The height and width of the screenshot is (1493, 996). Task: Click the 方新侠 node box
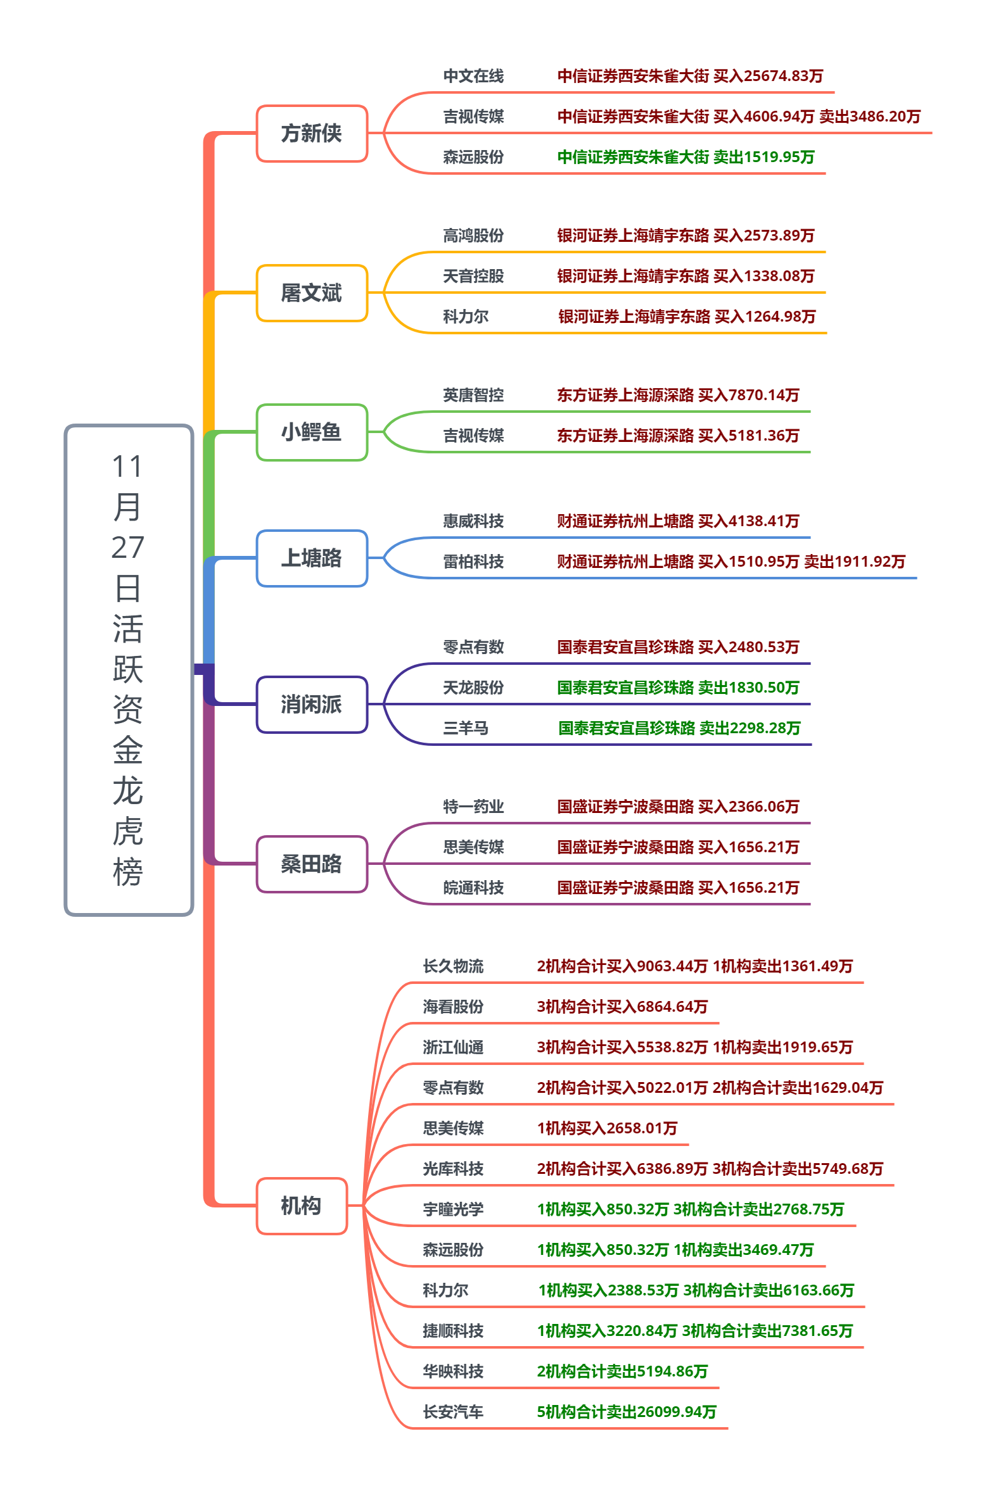coord(312,134)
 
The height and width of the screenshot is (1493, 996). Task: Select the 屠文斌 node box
coord(312,293)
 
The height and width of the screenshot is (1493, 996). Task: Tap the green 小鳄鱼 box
coord(312,432)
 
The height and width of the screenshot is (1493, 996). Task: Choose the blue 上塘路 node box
coord(312,558)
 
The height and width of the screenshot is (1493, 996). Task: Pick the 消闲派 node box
coord(312,705)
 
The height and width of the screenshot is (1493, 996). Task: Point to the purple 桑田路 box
coord(312,864)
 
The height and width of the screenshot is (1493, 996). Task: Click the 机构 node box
coord(302,1206)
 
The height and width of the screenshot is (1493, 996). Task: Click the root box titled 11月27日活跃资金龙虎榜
coord(129,670)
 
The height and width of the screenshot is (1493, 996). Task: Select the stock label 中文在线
coord(473,76)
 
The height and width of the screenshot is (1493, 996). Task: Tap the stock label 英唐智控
coord(473,396)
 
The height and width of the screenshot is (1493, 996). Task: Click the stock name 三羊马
coord(466,728)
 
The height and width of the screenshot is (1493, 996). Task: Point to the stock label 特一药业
coord(473,807)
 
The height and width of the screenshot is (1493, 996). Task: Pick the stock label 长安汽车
coord(453,1412)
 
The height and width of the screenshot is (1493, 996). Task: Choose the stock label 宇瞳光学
coord(453,1209)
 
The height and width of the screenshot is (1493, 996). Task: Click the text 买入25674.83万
coord(768,76)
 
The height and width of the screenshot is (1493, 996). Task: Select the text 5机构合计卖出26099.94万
coord(627,1412)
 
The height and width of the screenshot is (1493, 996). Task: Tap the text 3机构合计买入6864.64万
coord(622,1007)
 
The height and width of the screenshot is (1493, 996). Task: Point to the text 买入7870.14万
coord(748,396)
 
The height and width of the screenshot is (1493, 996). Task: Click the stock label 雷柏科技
coord(473,562)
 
